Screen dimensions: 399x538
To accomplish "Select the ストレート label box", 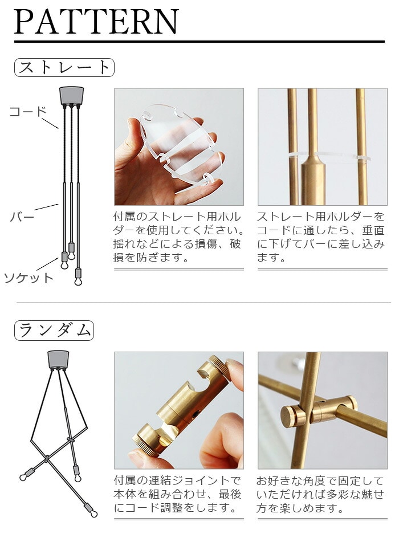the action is tap(64, 67).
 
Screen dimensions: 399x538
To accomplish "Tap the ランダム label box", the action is tap(54, 331).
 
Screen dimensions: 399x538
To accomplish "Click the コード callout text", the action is tap(27, 111).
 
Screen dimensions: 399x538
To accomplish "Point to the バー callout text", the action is tap(22, 217).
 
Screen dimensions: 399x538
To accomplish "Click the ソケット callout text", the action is tap(29, 278).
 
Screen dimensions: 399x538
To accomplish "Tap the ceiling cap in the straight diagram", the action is tap(71, 96).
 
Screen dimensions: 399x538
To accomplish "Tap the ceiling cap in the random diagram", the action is tap(58, 359).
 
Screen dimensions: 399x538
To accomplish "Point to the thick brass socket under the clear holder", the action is tap(313, 178).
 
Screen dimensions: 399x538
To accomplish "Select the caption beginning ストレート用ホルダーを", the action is tap(320, 237).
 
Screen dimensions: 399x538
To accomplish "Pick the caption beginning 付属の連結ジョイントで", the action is tap(178, 494).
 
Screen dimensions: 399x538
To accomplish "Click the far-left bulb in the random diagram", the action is tap(23, 477).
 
